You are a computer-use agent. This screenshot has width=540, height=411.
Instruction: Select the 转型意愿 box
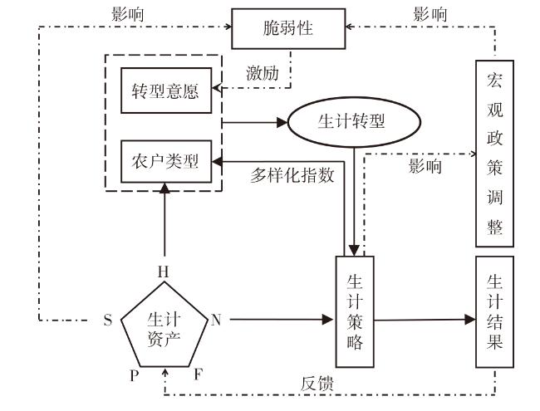[x=165, y=90]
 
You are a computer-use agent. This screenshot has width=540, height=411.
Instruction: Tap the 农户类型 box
[x=165, y=160]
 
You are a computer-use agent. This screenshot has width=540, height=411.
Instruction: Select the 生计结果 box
[x=494, y=311]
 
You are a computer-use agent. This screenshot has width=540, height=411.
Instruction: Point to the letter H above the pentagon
[x=164, y=272]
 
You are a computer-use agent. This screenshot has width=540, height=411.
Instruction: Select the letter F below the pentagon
[x=198, y=375]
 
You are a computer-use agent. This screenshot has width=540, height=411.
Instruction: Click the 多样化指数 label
[x=292, y=174]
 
